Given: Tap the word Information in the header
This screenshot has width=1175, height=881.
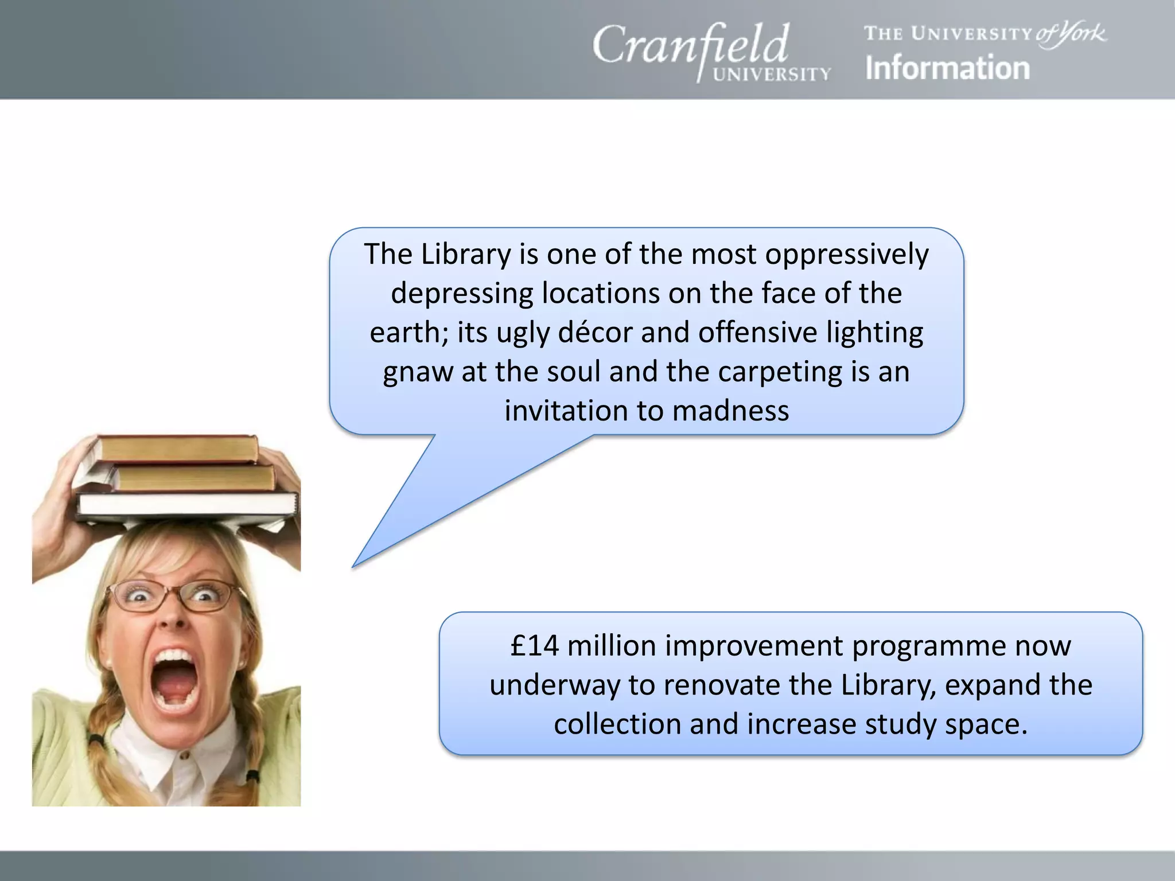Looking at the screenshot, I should pyautogui.click(x=947, y=68).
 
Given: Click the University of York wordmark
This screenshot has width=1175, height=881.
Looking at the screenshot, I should pyautogui.click(x=985, y=33).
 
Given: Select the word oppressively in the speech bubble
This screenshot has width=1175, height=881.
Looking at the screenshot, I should pyautogui.click(x=847, y=254).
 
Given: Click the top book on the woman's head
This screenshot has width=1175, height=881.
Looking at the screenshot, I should pyautogui.click(x=178, y=449).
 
